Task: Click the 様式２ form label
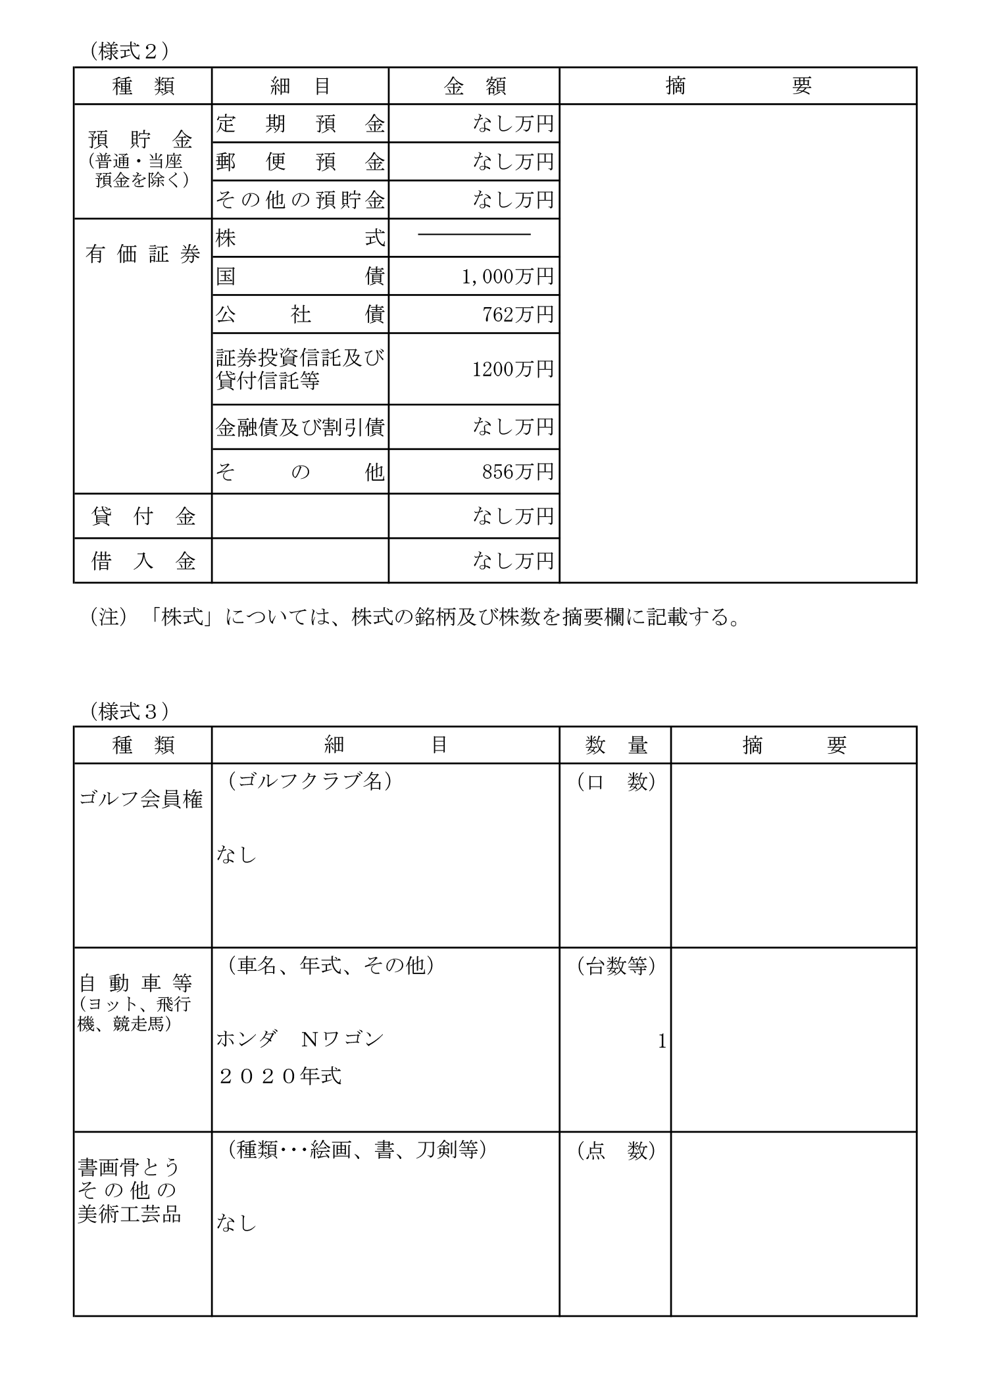(128, 51)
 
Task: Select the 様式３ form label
(128, 710)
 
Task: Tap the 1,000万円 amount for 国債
(507, 277)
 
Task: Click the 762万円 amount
(518, 315)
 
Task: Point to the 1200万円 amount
(512, 369)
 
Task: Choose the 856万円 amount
(518, 472)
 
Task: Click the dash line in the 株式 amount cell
(474, 234)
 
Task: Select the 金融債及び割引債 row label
(300, 428)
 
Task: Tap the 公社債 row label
(300, 315)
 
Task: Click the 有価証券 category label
(143, 255)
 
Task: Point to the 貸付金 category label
(143, 516)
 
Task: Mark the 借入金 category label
(143, 561)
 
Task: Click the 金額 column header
(474, 86)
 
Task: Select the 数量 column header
(616, 745)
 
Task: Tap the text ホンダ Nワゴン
(300, 1039)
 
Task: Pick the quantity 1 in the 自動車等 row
(662, 1041)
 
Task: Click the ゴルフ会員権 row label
(141, 799)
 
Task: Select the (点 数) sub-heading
(616, 1150)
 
